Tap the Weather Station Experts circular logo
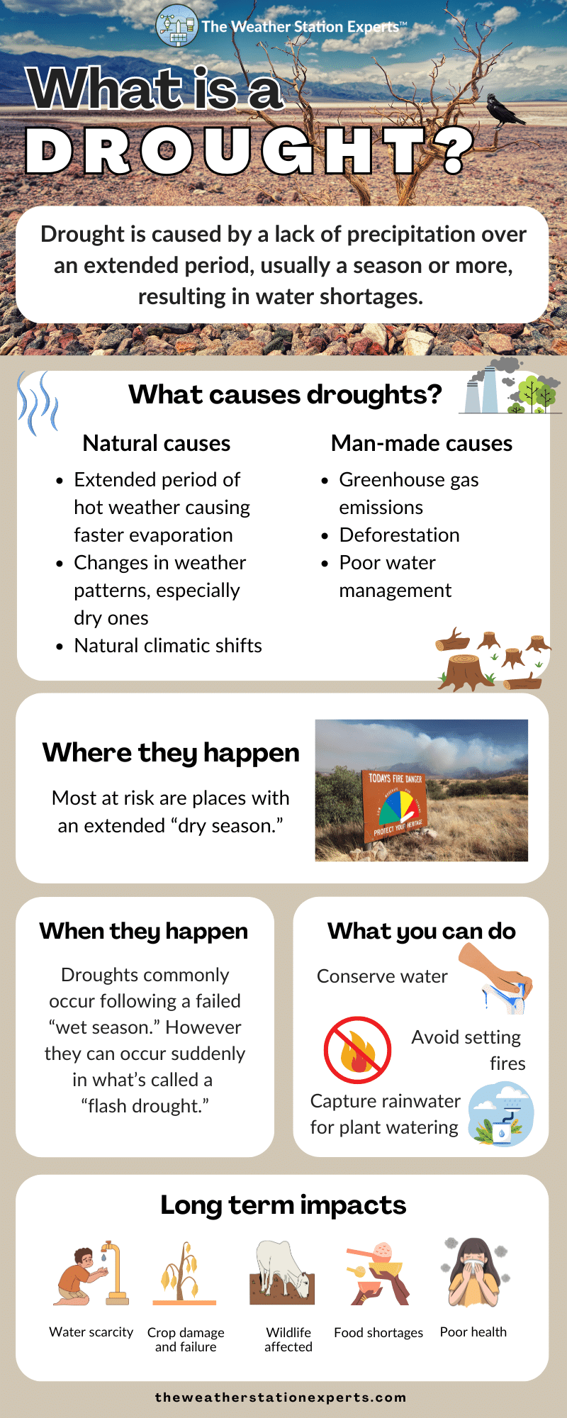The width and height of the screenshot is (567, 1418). pos(176,26)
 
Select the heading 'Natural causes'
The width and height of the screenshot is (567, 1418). pos(157,443)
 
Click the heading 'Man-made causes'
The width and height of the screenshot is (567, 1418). pos(422,443)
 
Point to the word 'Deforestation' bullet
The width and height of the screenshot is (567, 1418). pos(399,535)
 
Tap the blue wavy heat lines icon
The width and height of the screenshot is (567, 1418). pos(38,403)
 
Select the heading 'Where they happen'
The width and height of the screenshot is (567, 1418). pos(171,752)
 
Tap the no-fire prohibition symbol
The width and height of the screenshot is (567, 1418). pos(357,1050)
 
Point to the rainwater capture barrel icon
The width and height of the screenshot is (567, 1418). pos(502,1114)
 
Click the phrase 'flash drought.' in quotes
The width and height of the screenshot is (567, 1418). pos(145,1106)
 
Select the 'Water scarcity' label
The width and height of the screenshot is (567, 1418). pos(91,1332)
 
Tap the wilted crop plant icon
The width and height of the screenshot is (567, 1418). pos(184,1273)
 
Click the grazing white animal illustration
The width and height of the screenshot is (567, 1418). pos(282,1273)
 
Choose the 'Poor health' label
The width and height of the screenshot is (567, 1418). pos(473,1332)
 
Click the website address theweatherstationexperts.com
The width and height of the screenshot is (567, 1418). pos(281,1397)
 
